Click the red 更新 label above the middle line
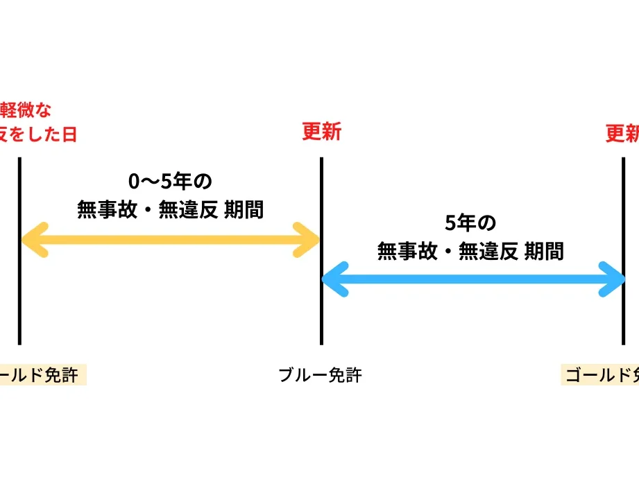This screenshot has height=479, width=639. coord(321,132)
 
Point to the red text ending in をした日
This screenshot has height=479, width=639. coord(37,134)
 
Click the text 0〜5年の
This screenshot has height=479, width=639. coord(170,182)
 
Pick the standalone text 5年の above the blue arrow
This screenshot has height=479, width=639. coord(470,223)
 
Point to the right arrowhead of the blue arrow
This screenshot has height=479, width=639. coord(612,280)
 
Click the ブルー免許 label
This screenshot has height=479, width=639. coord(320,376)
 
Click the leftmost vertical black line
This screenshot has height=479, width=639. coord(19,305)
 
